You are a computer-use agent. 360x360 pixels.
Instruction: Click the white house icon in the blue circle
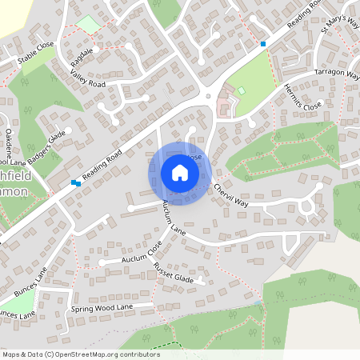pyautogui.click(x=179, y=173)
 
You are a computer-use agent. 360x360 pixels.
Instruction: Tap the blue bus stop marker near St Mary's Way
pyautogui.click(x=263, y=43)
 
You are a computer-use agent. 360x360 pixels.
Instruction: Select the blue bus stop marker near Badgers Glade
pyautogui.click(x=76, y=183)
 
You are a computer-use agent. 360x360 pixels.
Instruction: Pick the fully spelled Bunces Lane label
pyautogui.click(x=29, y=279)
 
